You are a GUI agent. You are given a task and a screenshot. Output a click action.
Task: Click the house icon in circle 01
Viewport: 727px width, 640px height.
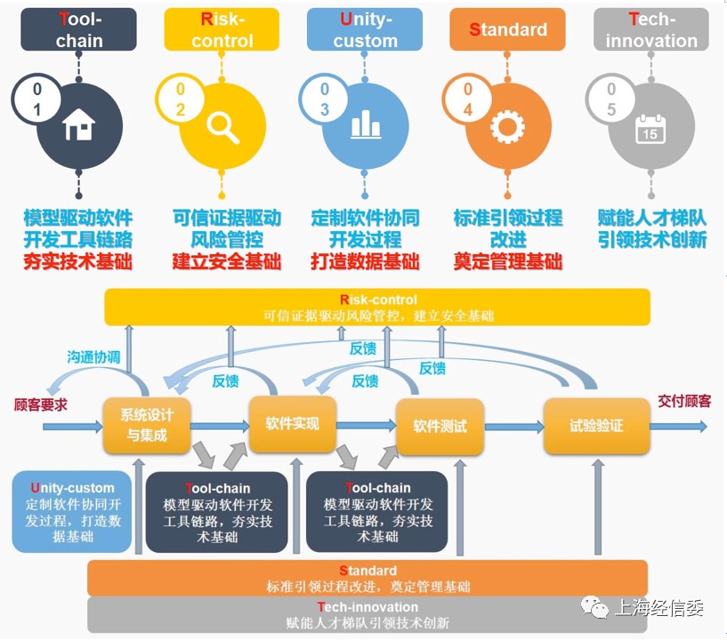pyautogui.click(x=79, y=128)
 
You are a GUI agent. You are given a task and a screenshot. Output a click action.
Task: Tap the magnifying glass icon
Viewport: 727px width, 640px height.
pyautogui.click(x=222, y=127)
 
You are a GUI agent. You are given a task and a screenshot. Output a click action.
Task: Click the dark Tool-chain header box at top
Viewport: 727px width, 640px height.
pyautogui.click(x=79, y=30)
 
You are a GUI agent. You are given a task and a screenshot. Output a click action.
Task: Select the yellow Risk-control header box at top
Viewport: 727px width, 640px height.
pyautogui.click(x=222, y=30)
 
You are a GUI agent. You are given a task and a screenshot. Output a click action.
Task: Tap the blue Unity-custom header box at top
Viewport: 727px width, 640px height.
pyautogui.click(x=365, y=30)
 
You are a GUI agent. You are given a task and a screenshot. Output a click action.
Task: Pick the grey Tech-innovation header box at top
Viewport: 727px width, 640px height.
pyautogui.click(x=651, y=30)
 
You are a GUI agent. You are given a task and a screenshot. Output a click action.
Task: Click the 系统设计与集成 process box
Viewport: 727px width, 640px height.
pyautogui.click(x=147, y=425)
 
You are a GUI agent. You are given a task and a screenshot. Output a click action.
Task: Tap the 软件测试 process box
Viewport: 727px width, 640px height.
pyautogui.click(x=440, y=426)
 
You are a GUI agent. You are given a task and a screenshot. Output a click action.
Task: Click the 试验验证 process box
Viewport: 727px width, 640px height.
pyautogui.click(x=596, y=426)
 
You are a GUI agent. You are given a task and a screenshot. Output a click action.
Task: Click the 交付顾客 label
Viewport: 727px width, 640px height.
pyautogui.click(x=684, y=401)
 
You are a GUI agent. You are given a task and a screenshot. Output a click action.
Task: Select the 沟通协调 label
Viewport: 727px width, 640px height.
pyautogui.click(x=93, y=357)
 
